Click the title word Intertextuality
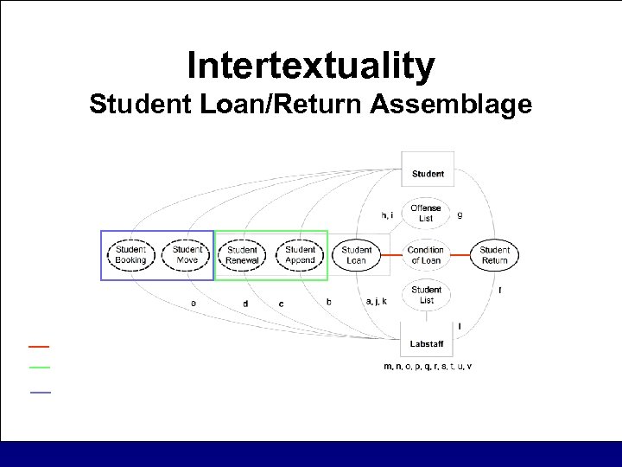coord(311,66)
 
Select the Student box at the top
coord(428,173)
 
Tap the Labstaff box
coord(427,343)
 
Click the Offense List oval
coord(426,213)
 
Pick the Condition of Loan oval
coord(426,255)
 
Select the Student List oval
coord(427,295)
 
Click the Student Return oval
coord(495,255)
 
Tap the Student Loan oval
coord(357,255)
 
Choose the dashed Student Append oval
coord(301,255)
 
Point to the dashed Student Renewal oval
coord(243,255)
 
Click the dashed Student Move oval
coord(187,255)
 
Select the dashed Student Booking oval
coord(131,255)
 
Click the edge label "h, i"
coord(388,214)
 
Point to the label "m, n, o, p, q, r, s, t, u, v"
coord(428,367)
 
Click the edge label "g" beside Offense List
coord(460,214)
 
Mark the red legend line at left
coord(39,346)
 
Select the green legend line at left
coord(39,368)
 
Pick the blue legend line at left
coord(41,393)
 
